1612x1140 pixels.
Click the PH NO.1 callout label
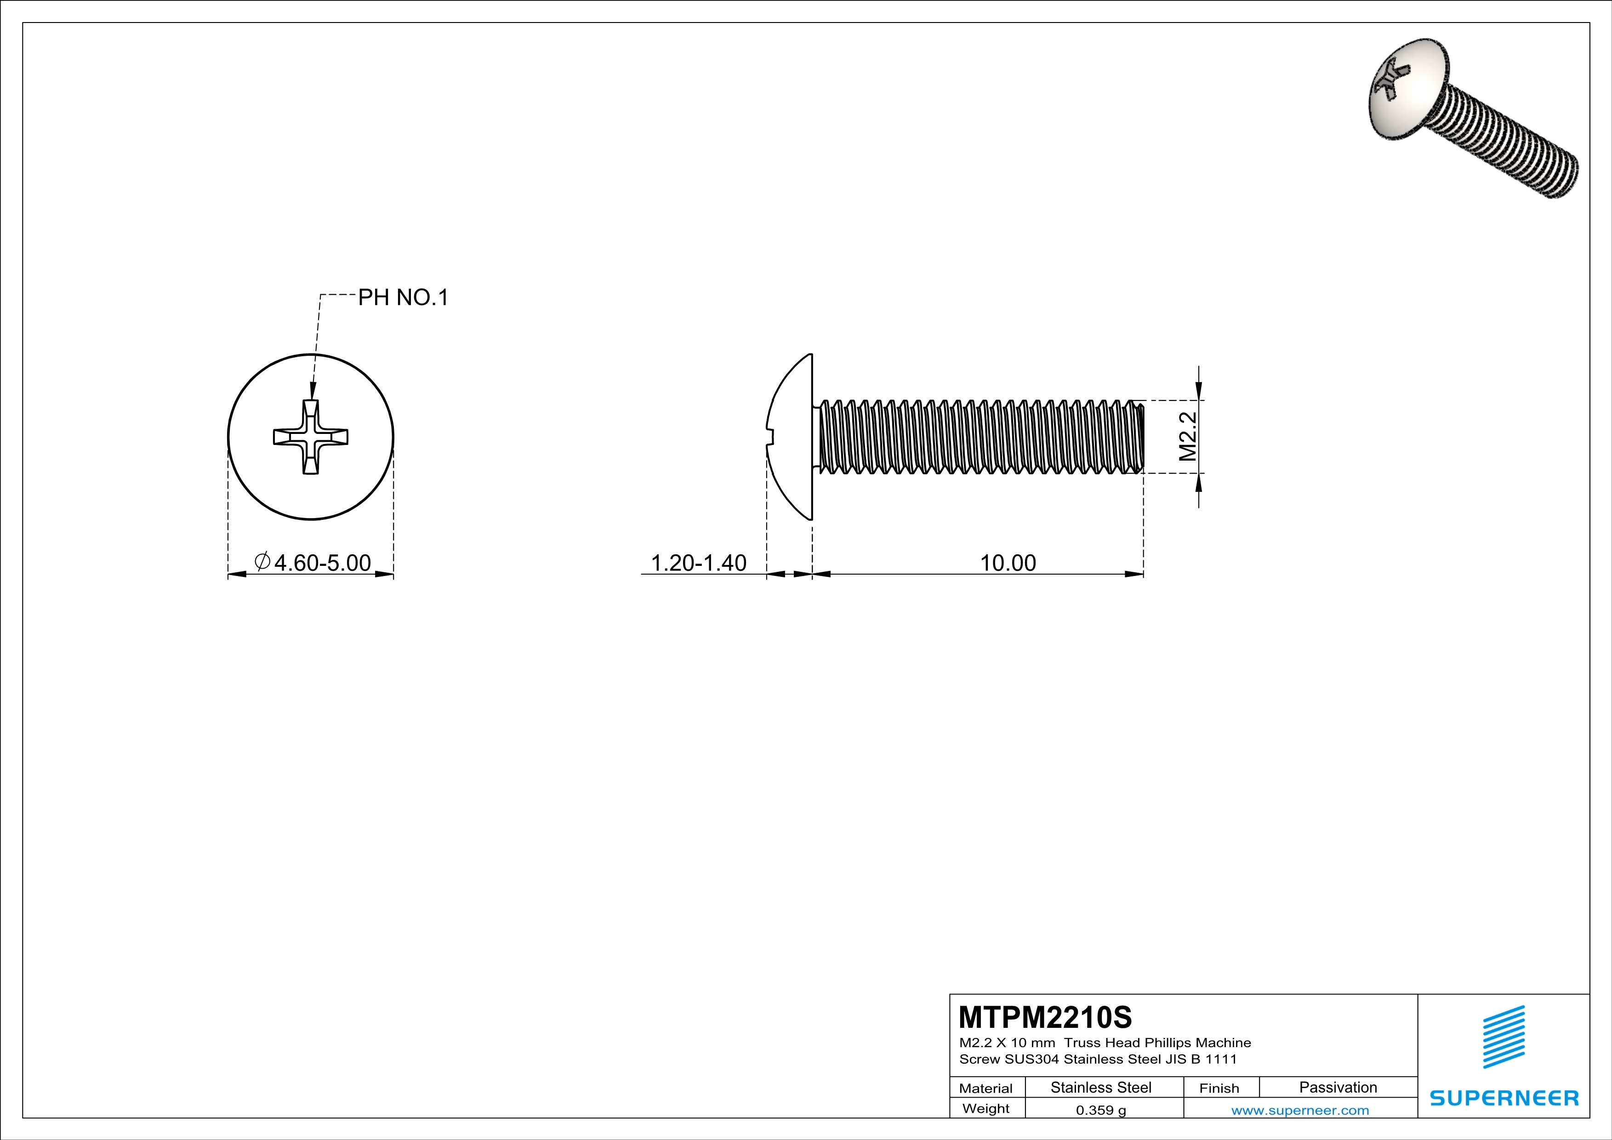click(x=403, y=297)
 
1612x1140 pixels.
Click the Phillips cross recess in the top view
click(x=310, y=437)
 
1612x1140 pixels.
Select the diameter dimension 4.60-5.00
click(x=322, y=563)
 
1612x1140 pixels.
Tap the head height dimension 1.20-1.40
click(x=699, y=563)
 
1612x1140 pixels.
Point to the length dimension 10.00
click(x=1008, y=563)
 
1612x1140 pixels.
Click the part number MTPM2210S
click(x=1045, y=1017)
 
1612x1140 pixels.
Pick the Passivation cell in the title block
click(x=1338, y=1087)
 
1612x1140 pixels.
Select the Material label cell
click(x=986, y=1088)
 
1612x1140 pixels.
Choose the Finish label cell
click(x=1219, y=1088)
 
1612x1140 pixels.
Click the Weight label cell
click(x=986, y=1108)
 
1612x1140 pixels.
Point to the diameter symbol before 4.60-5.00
click(x=262, y=562)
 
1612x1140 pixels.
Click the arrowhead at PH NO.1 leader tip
click(x=313, y=393)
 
